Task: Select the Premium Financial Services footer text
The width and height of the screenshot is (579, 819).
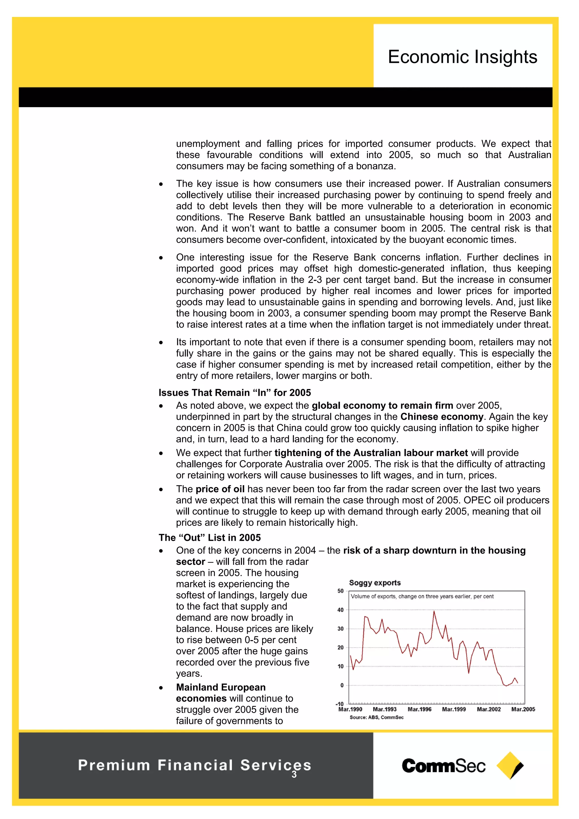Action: pos(195,765)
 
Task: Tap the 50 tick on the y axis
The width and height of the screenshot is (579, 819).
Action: pos(340,591)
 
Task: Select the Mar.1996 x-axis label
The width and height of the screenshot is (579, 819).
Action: pos(419,710)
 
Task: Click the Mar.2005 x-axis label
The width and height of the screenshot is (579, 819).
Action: pos(523,710)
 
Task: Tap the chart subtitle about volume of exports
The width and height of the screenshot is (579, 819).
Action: pos(422,597)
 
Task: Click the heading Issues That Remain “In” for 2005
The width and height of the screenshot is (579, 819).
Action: pos(235,392)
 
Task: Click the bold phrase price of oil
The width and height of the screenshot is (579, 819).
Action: pos(220,489)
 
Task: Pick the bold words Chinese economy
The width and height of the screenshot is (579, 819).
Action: pos(442,417)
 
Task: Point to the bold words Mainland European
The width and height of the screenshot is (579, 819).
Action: pos(221,687)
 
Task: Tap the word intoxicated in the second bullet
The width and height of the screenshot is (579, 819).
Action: pos(357,240)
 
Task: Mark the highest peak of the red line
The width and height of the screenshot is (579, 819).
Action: pos(434,611)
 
